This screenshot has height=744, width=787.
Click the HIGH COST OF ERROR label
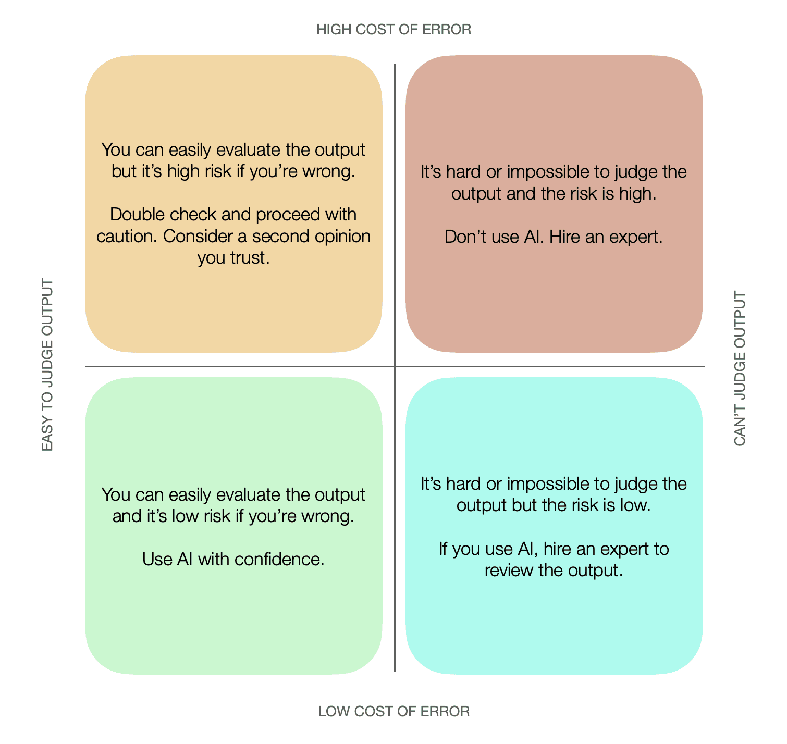pyautogui.click(x=394, y=30)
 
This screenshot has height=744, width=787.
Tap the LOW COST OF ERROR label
pyautogui.click(x=394, y=711)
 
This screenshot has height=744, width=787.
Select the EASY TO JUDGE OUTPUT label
pyautogui.click(x=47, y=365)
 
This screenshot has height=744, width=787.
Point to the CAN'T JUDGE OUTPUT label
pyautogui.click(x=740, y=368)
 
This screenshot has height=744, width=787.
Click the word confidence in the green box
pyautogui.click(x=279, y=560)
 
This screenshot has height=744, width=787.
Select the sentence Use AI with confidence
pyautogui.click(x=233, y=560)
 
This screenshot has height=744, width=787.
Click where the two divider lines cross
pyautogui.click(x=395, y=366)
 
